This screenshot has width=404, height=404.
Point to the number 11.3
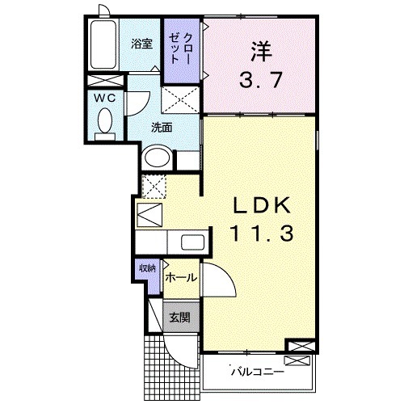click(259, 235)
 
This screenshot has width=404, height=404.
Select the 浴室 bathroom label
click(142, 44)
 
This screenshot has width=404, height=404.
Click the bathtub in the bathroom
click(104, 46)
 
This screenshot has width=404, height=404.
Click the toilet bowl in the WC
click(104, 122)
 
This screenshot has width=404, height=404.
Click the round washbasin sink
click(157, 158)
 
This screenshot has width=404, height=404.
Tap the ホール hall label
click(180, 278)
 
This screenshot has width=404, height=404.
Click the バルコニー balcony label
click(257, 372)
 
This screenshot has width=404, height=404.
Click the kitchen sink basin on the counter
click(192, 242)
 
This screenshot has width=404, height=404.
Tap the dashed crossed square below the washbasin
click(153, 185)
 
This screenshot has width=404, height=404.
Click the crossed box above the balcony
click(298, 348)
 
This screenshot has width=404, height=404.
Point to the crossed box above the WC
click(104, 82)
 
